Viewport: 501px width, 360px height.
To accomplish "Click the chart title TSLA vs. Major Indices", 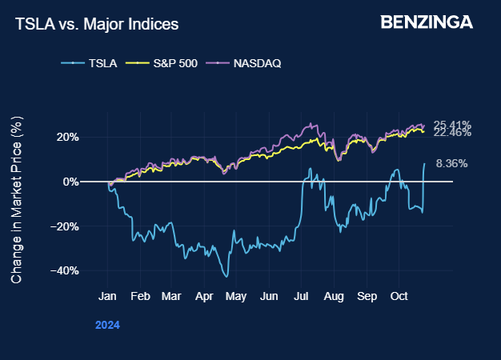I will click(97, 25).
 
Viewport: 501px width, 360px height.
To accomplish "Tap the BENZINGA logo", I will click(427, 22).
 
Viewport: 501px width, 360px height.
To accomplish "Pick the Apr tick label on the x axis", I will click(203, 296).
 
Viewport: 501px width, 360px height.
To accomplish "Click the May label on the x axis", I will click(235, 296).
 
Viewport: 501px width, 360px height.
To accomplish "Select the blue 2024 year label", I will click(107, 326).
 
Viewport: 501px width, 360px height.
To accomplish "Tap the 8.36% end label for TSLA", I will click(451, 163).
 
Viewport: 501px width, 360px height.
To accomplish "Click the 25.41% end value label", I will click(451, 125).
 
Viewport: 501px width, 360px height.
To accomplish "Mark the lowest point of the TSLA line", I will click(227, 277).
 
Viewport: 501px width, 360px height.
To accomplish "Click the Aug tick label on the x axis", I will click(333, 296).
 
